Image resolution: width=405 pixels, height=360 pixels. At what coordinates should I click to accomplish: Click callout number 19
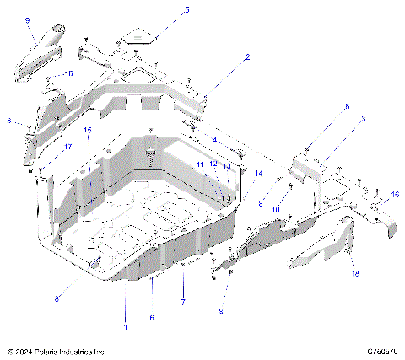click(25, 19)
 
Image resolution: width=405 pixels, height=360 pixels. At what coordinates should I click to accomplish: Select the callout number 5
click(186, 10)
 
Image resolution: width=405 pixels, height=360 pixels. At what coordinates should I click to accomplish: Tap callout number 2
click(247, 58)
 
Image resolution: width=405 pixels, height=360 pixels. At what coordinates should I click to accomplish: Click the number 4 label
click(214, 140)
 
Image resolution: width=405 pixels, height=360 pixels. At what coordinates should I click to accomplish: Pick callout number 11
click(201, 164)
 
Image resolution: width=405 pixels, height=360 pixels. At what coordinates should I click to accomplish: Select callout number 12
click(213, 164)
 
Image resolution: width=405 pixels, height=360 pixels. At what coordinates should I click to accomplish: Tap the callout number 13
click(226, 166)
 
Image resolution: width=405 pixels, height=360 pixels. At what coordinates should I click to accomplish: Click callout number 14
click(258, 174)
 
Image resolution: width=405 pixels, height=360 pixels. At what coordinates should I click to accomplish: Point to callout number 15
click(87, 130)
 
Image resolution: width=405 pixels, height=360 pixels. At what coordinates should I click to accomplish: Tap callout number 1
click(126, 325)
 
